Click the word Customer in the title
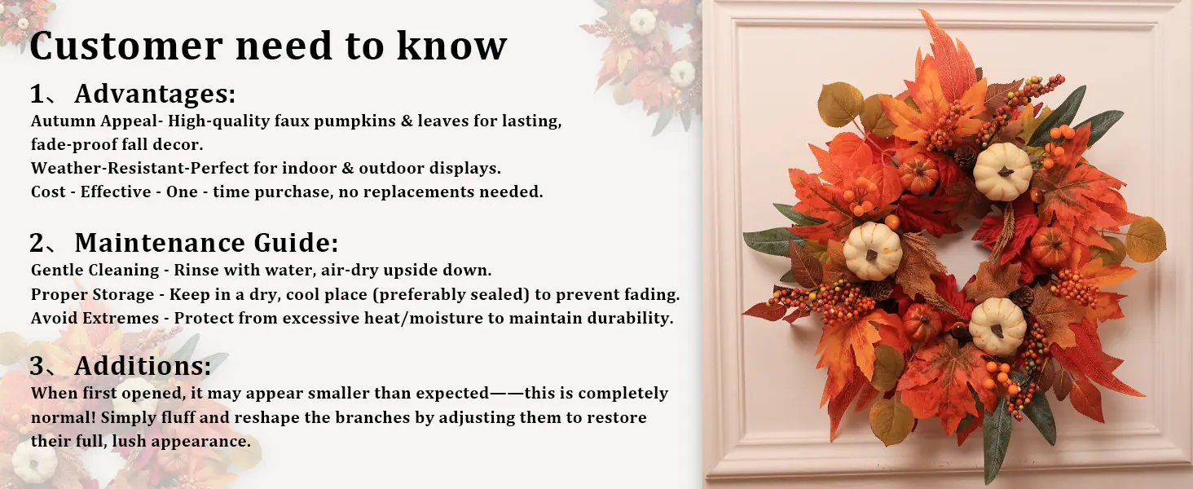coord(126,46)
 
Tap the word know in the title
coord(451,46)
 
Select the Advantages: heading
coord(155,95)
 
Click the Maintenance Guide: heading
coord(207,243)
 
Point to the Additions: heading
coord(143,366)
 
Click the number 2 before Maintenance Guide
coord(37,243)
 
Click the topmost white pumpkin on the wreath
coord(1003,171)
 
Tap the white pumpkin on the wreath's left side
coord(873,251)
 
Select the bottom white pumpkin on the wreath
coord(997,326)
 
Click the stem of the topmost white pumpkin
coord(1005,171)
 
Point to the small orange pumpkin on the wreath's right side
coord(1050,247)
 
